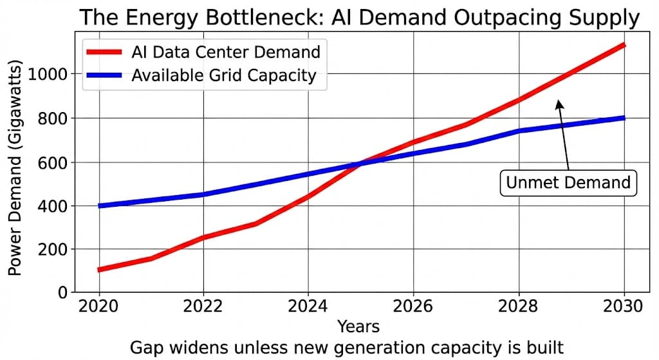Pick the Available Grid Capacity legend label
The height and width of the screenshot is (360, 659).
(223, 75)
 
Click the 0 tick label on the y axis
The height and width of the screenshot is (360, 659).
(63, 293)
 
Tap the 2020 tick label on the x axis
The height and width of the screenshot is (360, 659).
(98, 307)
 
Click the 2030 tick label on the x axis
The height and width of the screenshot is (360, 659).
(624, 307)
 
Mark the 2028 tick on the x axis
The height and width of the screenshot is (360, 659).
(519, 307)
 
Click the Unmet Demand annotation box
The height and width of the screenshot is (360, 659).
(568, 182)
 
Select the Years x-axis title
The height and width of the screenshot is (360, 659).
(358, 326)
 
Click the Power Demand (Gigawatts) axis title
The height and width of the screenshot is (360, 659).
(16, 169)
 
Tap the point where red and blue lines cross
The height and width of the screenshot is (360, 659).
(360, 164)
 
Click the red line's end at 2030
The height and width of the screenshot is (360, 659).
(624, 44)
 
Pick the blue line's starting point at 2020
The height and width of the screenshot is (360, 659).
(99, 206)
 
